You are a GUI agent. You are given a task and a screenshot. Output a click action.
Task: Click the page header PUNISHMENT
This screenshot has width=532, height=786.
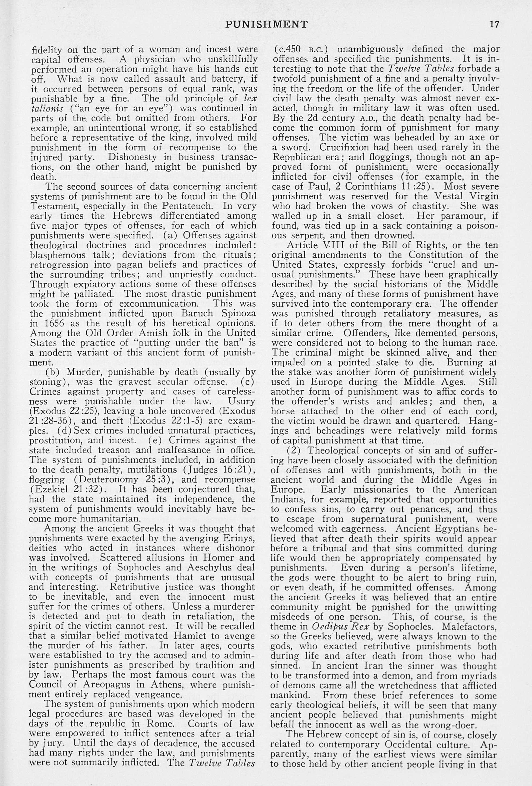[266, 24]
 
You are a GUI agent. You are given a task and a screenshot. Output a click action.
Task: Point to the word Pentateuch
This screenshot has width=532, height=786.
[189, 206]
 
